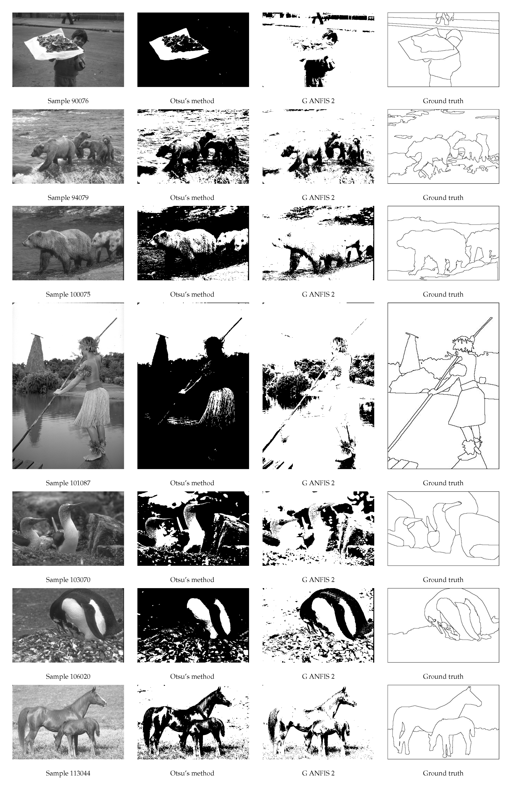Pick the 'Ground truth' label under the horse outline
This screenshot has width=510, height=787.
point(443,773)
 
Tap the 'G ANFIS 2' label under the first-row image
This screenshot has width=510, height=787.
point(318,101)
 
